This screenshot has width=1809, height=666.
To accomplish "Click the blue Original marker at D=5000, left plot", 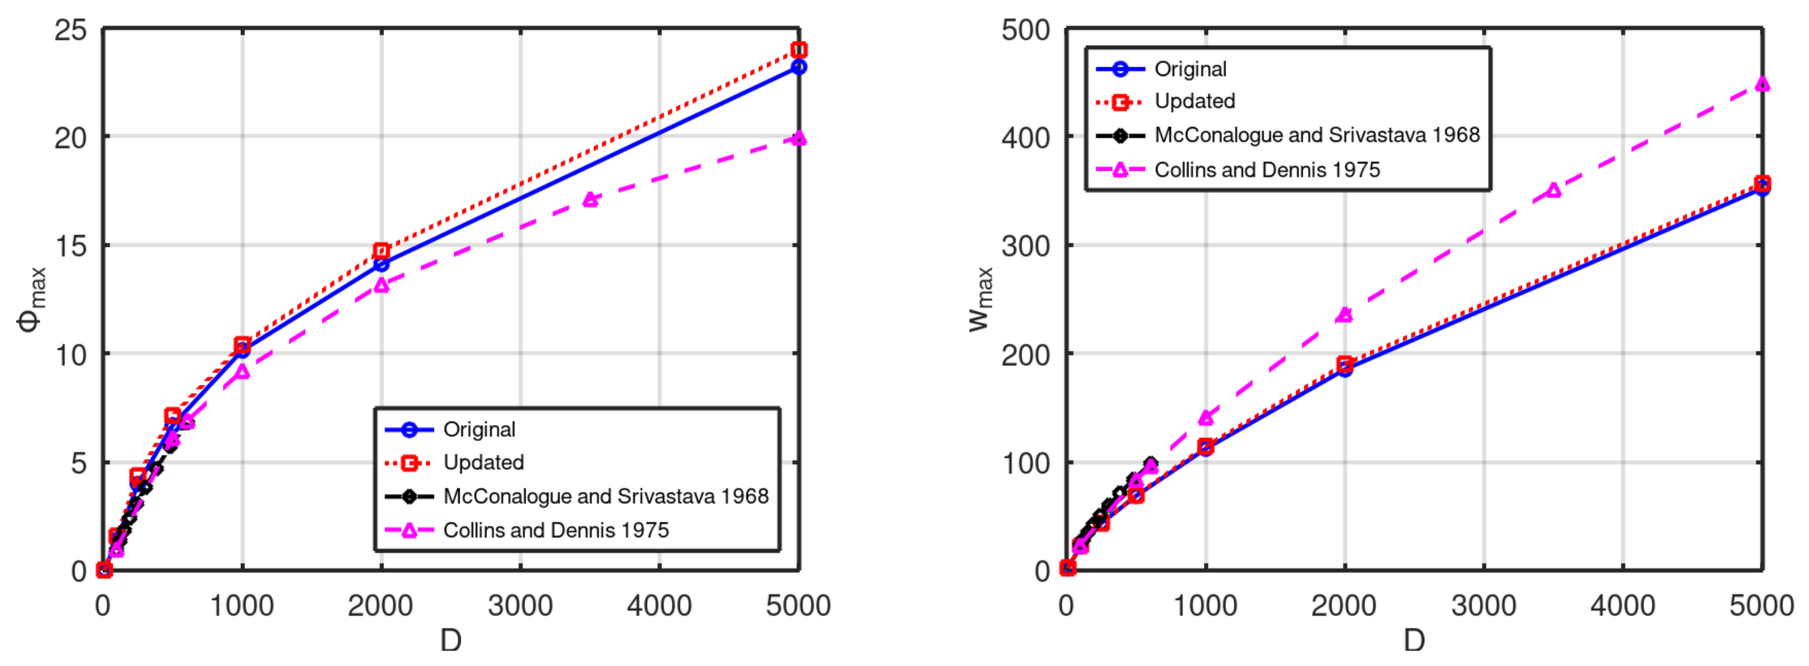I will coord(799,67).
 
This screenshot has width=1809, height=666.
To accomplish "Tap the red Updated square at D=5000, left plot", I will coord(799,50).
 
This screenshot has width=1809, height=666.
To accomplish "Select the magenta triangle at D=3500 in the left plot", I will coord(591,200).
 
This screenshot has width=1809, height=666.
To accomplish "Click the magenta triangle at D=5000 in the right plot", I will coord(1762,84).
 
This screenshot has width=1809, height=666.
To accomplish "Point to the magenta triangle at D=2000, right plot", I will coord(1344,315).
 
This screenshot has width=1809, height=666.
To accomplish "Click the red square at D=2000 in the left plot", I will coord(381,251).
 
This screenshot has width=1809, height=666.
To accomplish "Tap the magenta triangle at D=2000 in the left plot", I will coord(381,285).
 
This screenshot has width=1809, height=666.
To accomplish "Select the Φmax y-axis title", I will coord(32,299).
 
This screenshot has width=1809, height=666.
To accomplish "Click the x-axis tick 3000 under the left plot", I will coord(520,606).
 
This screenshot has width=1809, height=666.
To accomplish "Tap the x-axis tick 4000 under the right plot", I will coord(1622,606).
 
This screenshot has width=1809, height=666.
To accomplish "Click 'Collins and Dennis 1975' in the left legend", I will coord(556,530).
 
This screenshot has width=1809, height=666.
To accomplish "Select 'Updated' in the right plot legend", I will coord(1195,101).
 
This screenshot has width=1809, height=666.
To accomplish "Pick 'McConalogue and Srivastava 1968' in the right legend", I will coord(1317,135).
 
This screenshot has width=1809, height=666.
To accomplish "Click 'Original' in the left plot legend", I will coord(479,429).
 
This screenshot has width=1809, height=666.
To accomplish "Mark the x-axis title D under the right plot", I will coord(1414,641).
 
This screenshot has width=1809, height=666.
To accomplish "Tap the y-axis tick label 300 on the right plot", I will coord(1026,247).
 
